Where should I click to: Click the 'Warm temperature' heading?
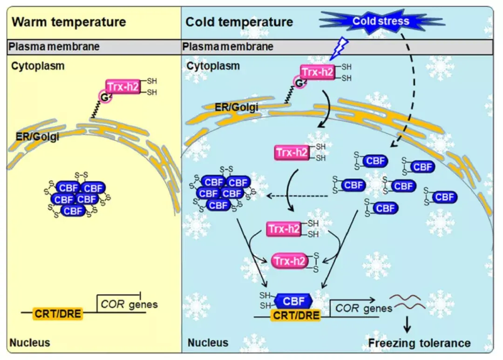pos(68,22)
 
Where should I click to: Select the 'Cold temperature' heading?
pos(239,22)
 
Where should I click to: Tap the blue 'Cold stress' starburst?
pos(381,21)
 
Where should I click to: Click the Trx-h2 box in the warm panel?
pos(123,87)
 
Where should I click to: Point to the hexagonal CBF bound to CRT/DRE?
pos(293,301)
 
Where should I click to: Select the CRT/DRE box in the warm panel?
pos(58,313)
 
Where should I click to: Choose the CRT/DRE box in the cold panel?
pos(296,315)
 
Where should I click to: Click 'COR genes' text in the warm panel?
pos(129,304)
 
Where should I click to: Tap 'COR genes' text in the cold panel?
pos(364,308)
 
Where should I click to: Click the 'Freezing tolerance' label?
pos(419,343)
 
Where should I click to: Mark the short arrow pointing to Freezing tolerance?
pos(407,325)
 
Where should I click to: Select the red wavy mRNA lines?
pos(408,302)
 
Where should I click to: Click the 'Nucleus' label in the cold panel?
pos(208,343)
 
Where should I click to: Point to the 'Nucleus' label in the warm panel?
pos(30,343)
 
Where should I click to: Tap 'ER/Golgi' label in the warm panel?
pos(37,136)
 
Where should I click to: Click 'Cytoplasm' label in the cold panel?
pos(213,66)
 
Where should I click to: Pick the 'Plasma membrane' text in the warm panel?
pos(54,47)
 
